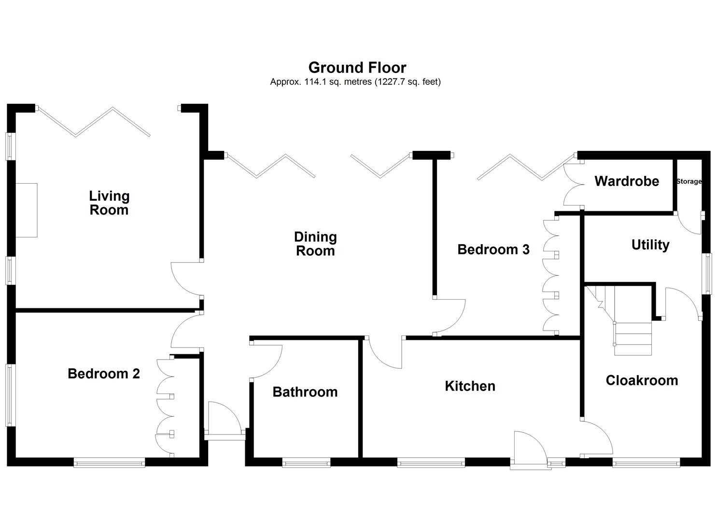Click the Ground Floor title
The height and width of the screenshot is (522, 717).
[x=357, y=67]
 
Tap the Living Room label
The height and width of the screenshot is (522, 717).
[x=109, y=203]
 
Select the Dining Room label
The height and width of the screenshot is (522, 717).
[x=315, y=244]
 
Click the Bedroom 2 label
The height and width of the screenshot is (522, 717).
[x=104, y=374]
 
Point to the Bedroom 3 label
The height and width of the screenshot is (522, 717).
[x=493, y=249]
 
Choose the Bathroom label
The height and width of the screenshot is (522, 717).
[x=305, y=391]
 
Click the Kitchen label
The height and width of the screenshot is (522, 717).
[x=470, y=386]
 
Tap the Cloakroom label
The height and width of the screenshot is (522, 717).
[x=642, y=380]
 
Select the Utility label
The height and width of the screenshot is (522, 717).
[x=650, y=245]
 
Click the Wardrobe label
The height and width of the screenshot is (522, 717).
[x=626, y=181]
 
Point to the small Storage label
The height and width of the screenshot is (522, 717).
[x=689, y=182]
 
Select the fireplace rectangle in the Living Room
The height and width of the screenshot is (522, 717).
[x=27, y=210]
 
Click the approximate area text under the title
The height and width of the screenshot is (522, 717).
[x=355, y=82]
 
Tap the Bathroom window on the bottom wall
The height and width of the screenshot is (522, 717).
[x=306, y=464]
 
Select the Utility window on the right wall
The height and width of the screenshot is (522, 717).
[x=707, y=274]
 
